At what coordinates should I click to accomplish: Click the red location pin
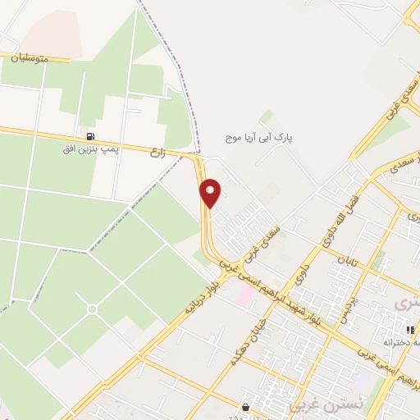tap(211, 192)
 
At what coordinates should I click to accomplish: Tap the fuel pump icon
tap(89, 137)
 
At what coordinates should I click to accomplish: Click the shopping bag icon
tap(244, 406)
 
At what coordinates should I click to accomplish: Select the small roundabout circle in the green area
tap(92, 308)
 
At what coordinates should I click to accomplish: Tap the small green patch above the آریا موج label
tap(266, 116)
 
